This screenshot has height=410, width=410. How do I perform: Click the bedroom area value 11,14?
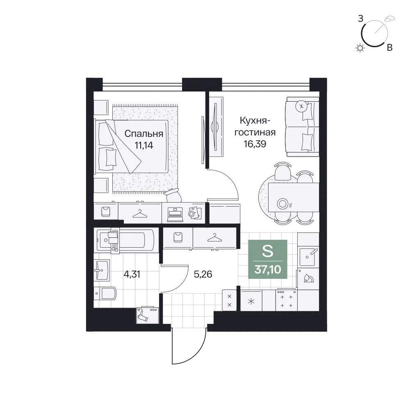point(143,145)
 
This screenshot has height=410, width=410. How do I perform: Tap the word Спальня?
point(144,134)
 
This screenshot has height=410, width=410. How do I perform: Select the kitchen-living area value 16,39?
point(255,144)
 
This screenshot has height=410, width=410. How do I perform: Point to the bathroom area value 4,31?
point(132,274)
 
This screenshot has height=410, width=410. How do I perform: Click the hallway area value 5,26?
point(203,274)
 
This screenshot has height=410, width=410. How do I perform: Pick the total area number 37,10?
point(268,269)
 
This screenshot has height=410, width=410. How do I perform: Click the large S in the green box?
point(267,251)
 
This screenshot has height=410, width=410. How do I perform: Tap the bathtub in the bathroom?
point(126,240)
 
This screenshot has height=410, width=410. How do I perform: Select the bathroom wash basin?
point(102,270)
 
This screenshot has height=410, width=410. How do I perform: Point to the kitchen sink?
point(309,257)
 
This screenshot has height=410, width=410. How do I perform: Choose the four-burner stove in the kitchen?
point(286,300)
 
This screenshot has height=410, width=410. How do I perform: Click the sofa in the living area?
point(303,127)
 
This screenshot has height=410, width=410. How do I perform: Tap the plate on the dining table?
point(282,203)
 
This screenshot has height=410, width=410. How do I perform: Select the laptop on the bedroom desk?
point(175,214)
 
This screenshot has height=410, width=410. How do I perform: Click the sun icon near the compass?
point(360,48)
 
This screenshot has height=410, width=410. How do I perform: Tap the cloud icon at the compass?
point(389,18)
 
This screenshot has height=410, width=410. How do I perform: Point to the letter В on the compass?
point(389,48)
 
